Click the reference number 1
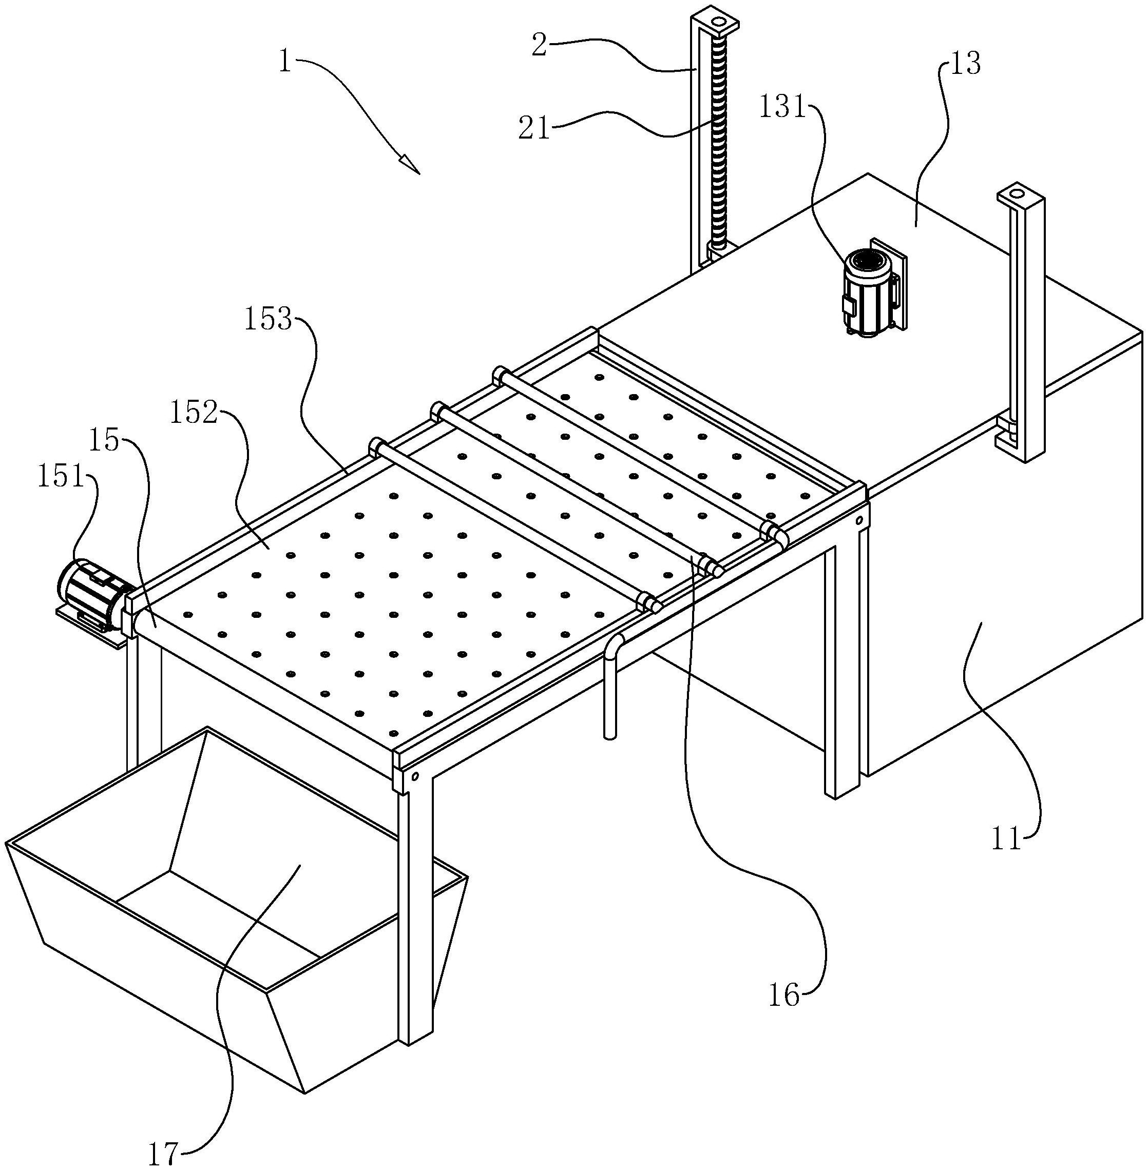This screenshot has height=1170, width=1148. pos(285,62)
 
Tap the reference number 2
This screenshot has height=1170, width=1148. pos(539,45)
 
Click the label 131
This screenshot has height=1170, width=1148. pos(782,107)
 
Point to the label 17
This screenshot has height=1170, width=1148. pos(163,1153)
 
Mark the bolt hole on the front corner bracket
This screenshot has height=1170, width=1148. pos(415,777)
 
